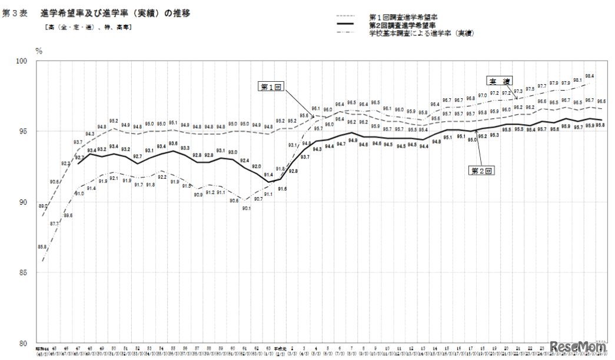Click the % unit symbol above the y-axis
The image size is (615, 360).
(x=39, y=51)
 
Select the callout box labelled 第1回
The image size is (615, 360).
(x=272, y=86)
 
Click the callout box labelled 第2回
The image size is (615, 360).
(x=480, y=171)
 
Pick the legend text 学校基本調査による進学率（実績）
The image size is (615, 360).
(x=421, y=33)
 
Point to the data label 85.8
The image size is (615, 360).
(x=42, y=247)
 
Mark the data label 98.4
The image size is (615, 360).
(x=589, y=76)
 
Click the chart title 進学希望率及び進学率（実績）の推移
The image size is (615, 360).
(x=116, y=12)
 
